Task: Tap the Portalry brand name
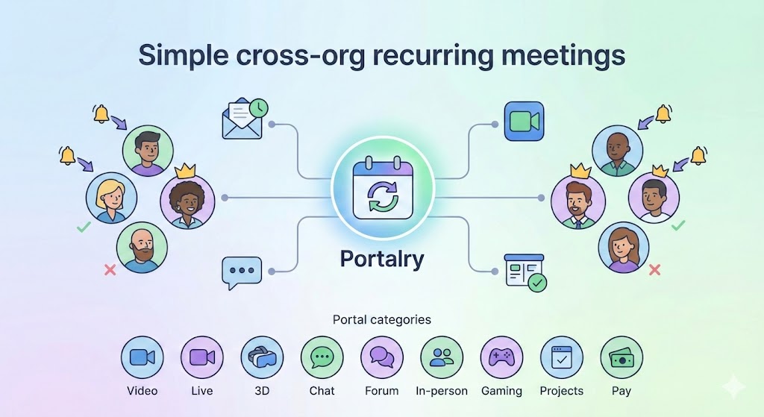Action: pos(381,259)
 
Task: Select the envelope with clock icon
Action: pos(245,119)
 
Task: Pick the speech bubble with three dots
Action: pos(242,272)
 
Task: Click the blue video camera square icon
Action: pos(525,121)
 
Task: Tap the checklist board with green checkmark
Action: pos(525,272)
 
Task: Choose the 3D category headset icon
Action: pos(262,357)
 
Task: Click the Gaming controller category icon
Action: pos(501,357)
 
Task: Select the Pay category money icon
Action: pos(621,357)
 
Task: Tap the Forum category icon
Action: pos(382,357)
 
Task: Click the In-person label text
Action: pos(442,391)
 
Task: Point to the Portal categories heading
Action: pos(381,319)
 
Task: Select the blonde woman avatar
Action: pos(112,198)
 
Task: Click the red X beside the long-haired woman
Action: pos(655,269)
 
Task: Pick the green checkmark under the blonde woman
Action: pos(84,226)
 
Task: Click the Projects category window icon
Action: pos(562,357)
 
